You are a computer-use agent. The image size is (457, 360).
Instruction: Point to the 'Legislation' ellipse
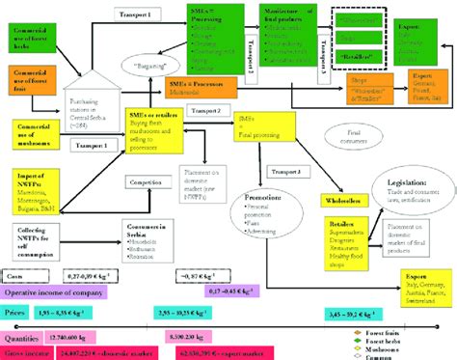coord(402,189)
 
